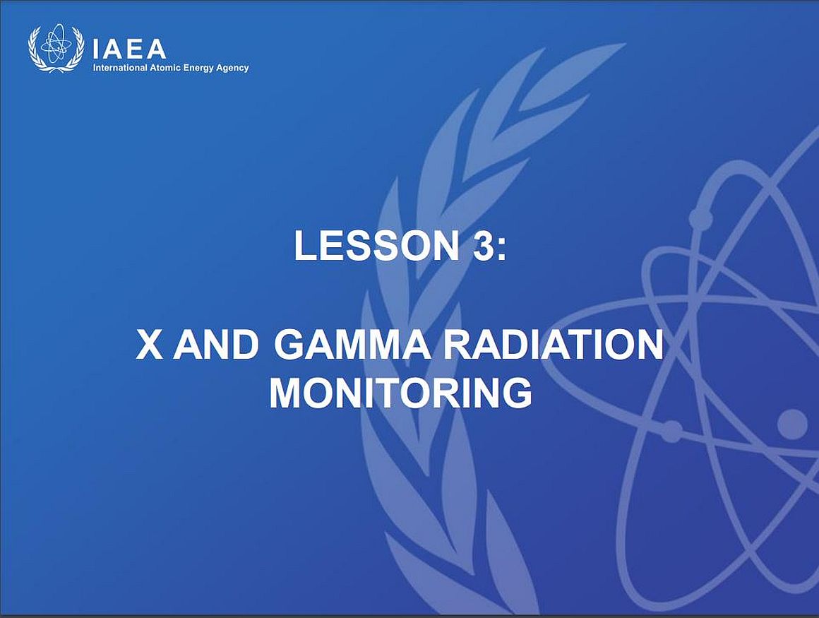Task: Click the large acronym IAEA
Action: point(129,49)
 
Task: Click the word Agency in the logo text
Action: point(232,69)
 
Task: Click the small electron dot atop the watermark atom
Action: point(700,217)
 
